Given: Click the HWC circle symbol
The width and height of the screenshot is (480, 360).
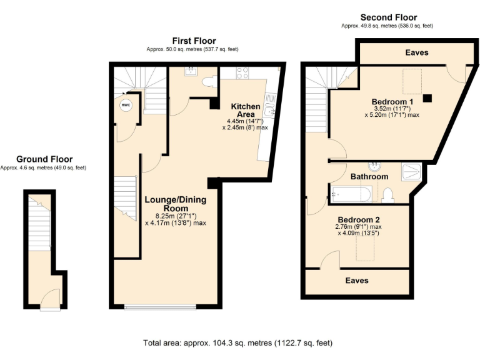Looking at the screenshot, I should point(126,105).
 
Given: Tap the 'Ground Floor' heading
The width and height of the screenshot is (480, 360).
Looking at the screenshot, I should point(44,159).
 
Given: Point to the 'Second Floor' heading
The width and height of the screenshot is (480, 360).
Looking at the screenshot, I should point(388,17).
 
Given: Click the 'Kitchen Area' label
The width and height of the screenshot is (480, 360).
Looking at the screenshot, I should point(242,110).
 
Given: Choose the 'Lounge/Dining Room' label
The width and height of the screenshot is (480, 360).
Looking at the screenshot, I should point(176,204).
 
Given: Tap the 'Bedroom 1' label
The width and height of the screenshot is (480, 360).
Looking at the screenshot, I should point(392,102).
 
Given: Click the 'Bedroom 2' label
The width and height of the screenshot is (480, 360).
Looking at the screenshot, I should point(359,220).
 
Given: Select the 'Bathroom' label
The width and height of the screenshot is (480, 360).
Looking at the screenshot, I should point(369,177).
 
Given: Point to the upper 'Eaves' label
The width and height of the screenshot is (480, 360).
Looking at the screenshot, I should point(416,53).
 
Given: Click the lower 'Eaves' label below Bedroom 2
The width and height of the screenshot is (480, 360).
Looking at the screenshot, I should point(357,281).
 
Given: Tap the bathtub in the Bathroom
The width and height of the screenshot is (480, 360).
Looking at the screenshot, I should point(351,194).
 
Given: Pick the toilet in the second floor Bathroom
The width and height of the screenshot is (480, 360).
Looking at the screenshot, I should point(388,196).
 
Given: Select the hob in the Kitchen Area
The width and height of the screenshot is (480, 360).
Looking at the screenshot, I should point(242,72).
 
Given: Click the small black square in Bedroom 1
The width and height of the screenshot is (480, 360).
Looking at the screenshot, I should point(427,97).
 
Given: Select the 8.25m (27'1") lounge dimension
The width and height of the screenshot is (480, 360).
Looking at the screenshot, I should point(176,216).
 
